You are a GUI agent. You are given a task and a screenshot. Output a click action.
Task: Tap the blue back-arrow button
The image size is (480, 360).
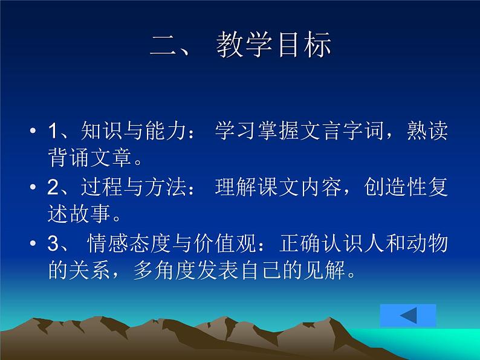click(x=408, y=316)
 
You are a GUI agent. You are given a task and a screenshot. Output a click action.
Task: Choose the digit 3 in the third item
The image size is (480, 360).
click(x=53, y=244)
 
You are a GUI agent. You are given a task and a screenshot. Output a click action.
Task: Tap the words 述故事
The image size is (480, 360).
click(x=79, y=215)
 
